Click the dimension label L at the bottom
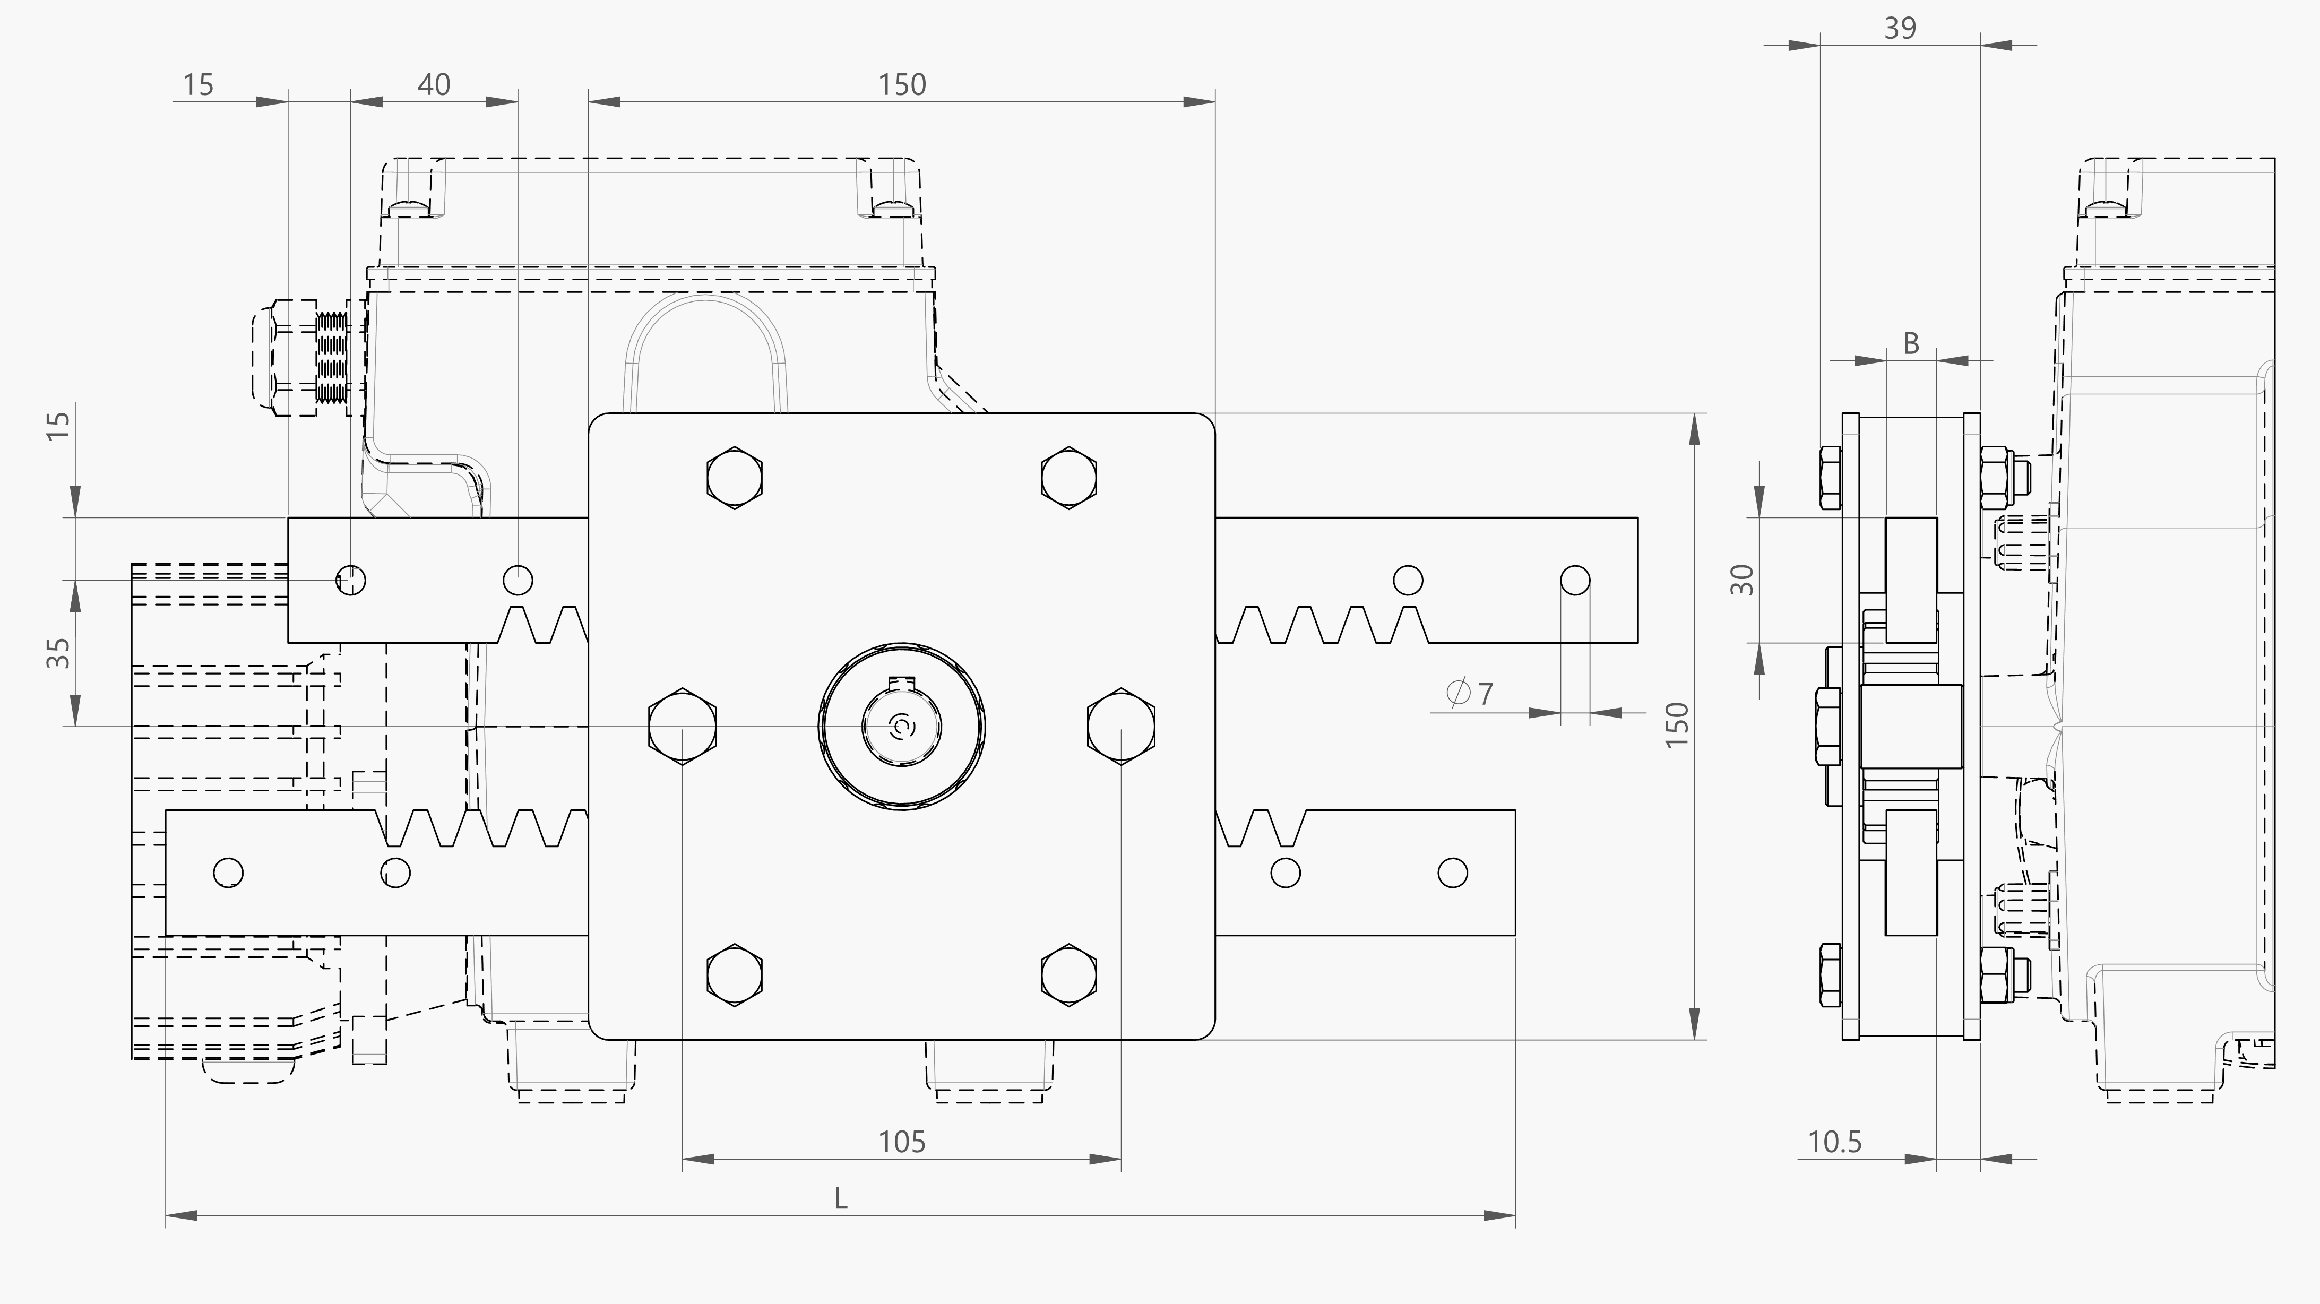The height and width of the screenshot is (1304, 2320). click(840, 1198)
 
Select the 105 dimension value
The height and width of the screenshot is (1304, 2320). click(902, 1142)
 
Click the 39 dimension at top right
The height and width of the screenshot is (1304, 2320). click(1900, 29)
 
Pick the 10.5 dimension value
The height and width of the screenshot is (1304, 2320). click(1834, 1142)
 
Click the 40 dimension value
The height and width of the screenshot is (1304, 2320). click(433, 85)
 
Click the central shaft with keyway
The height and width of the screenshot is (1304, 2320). click(902, 726)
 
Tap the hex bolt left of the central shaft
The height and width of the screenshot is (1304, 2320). click(682, 726)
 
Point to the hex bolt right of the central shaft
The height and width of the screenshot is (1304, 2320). click(1122, 726)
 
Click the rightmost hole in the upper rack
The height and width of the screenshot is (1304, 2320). click(1574, 580)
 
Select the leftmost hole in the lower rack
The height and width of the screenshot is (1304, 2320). click(228, 873)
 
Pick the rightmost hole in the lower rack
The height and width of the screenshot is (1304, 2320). click(1453, 873)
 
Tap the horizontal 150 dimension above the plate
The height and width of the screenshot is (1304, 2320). click(902, 85)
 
